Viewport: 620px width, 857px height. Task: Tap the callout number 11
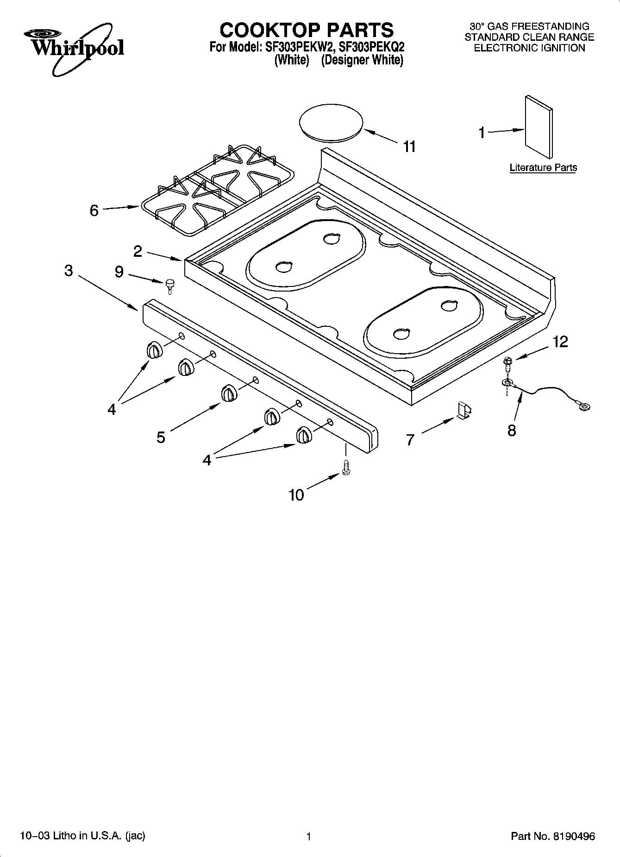pyautogui.click(x=409, y=146)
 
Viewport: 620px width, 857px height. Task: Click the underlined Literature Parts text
pyautogui.click(x=543, y=167)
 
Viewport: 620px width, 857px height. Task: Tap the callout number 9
pyautogui.click(x=119, y=272)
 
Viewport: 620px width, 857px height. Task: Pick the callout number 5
pyautogui.click(x=161, y=437)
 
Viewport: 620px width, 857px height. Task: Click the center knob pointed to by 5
pyautogui.click(x=229, y=393)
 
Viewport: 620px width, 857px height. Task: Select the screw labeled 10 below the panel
pyautogui.click(x=345, y=467)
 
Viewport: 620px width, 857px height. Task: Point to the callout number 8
pyautogui.click(x=511, y=431)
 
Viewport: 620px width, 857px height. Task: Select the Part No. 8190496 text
pyautogui.click(x=552, y=836)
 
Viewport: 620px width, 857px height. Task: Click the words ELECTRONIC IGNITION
pyautogui.click(x=529, y=48)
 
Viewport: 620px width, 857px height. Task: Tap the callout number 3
pyautogui.click(x=69, y=270)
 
